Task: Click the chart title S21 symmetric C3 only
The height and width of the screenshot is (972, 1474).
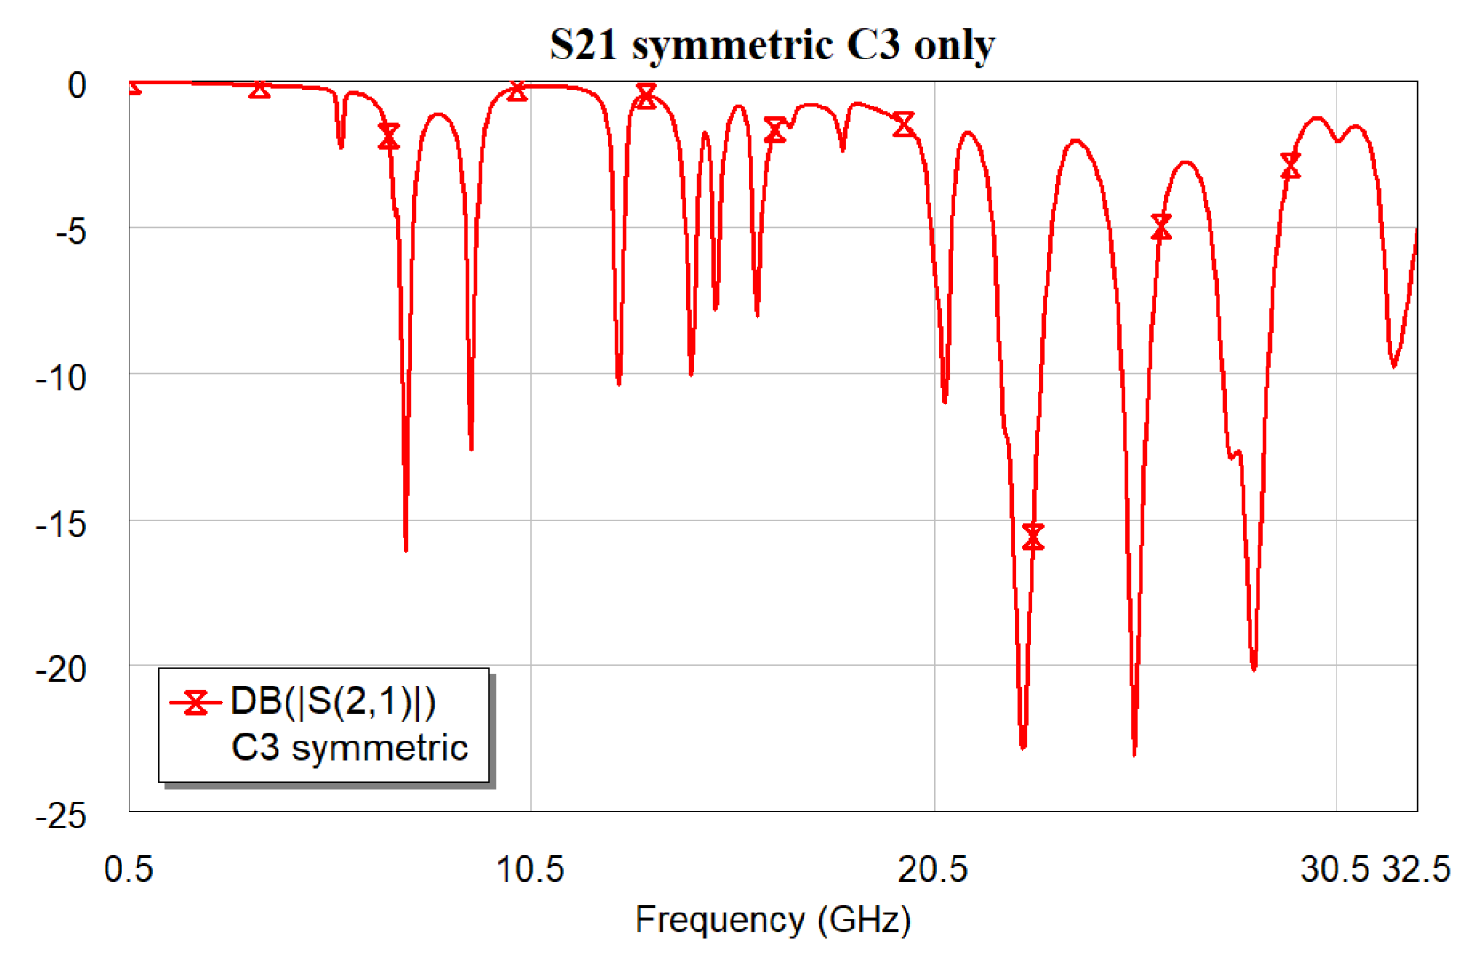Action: coord(772,44)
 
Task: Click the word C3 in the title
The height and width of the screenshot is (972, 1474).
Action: coord(873,44)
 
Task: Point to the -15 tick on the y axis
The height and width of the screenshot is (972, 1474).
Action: coord(62,524)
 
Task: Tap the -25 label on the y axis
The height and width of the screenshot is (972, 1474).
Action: coord(62,816)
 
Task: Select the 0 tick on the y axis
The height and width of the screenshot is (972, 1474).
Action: coord(77,85)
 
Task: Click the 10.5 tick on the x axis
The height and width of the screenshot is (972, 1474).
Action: coord(529,869)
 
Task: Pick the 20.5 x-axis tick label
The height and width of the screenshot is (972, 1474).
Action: coord(932,869)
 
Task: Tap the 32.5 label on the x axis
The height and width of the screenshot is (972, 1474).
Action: coord(1416,869)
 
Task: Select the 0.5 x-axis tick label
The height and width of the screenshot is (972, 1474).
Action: coord(129,869)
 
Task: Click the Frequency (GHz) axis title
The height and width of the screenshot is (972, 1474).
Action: coord(772,920)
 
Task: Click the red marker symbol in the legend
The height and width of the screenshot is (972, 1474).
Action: coord(195,702)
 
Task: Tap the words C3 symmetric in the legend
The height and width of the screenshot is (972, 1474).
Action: coord(349,748)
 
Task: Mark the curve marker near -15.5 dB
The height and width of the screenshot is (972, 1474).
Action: coord(1032,537)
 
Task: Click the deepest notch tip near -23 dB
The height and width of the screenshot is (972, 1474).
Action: coord(1134,752)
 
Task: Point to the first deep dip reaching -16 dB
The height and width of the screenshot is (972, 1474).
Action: coord(406,547)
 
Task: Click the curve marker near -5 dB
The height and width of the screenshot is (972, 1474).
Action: coord(1161,227)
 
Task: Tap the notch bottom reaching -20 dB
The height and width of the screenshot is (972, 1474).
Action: coord(1253,667)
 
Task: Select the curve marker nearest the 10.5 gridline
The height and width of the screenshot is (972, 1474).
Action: coord(517,91)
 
